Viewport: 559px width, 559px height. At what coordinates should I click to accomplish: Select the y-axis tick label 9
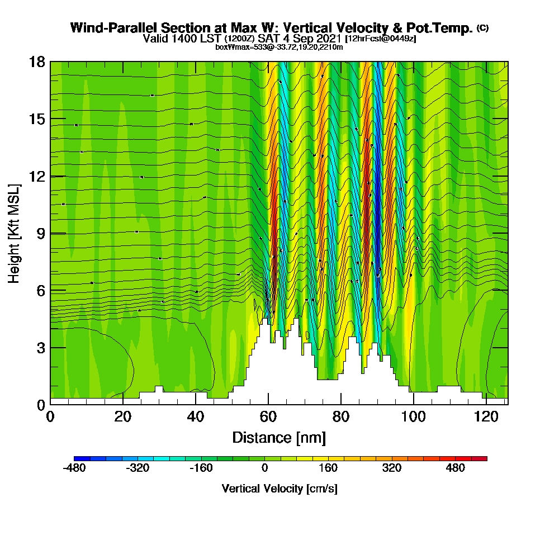40,233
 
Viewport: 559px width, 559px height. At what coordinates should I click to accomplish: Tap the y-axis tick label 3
40,348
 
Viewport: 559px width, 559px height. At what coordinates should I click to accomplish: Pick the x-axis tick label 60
268,417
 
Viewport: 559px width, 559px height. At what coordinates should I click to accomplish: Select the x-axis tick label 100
413,417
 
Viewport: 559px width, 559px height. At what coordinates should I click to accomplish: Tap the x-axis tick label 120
486,417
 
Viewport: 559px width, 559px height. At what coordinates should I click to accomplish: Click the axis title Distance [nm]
279,437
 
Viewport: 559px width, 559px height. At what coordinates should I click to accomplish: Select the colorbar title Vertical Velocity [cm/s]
279,489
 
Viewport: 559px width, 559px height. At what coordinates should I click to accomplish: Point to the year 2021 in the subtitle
329,39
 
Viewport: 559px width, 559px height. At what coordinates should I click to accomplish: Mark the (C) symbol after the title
482,28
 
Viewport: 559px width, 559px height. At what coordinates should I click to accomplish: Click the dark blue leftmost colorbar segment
78,458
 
